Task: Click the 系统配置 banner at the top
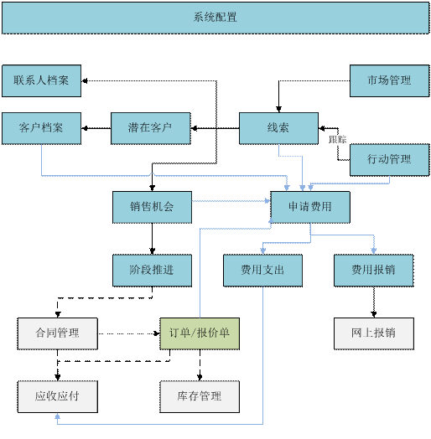pos(215,17)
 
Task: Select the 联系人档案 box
pos(42,80)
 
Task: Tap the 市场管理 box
pos(389,80)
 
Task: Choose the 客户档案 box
pos(42,128)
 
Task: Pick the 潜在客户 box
pos(151,128)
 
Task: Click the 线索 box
pos(278,128)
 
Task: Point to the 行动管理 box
pos(389,159)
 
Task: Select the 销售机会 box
pos(152,207)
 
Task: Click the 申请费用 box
pos(310,207)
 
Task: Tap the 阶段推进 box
pos(152,270)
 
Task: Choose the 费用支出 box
pos(262,270)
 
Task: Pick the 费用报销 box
pos(373,270)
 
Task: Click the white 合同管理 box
pos(57,333)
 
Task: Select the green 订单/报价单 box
pos(200,333)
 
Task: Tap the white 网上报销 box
pos(373,333)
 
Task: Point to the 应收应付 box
pos(57,396)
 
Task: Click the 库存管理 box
pos(200,396)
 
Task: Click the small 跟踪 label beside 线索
pos(338,140)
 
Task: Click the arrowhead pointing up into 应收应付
pos(57,416)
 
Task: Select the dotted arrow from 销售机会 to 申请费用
pos(231,201)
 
